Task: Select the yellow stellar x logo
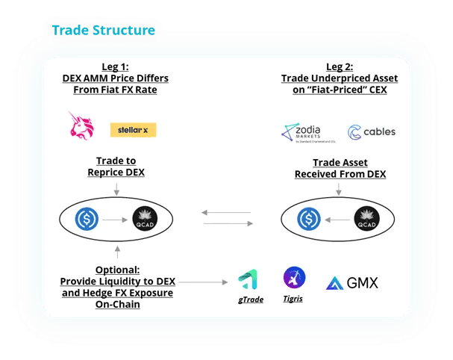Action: (x=133, y=130)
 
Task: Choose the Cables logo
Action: (x=370, y=131)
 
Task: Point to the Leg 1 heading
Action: (x=114, y=67)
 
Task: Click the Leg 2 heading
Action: (x=339, y=67)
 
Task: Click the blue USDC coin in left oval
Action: (x=87, y=219)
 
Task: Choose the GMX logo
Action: (x=352, y=283)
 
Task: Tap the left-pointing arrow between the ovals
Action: (x=227, y=214)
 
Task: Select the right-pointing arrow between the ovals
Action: (x=227, y=223)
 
